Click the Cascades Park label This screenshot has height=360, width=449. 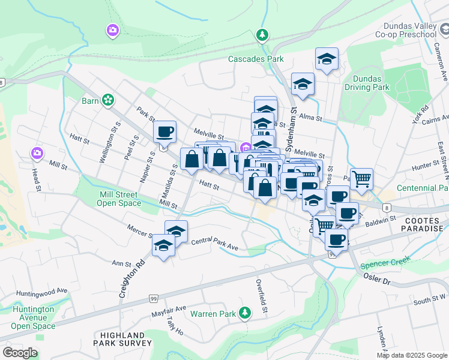pyautogui.click(x=256, y=59)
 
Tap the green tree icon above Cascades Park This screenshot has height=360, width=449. pyautogui.click(x=262, y=35)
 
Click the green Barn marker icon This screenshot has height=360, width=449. pyautogui.click(x=108, y=100)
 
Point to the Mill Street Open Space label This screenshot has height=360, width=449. pyautogui.click(x=119, y=199)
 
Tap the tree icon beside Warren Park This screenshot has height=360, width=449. pyautogui.click(x=244, y=313)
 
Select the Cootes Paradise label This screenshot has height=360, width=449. pyautogui.click(x=424, y=224)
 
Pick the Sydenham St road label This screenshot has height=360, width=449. pyautogui.click(x=294, y=128)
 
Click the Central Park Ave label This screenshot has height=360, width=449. pyautogui.click(x=215, y=244)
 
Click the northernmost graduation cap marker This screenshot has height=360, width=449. pyautogui.click(x=327, y=59)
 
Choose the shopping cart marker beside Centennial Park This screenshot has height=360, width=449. pyautogui.click(x=361, y=178)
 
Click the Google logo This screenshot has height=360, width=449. pyautogui.click(x=20, y=353)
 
